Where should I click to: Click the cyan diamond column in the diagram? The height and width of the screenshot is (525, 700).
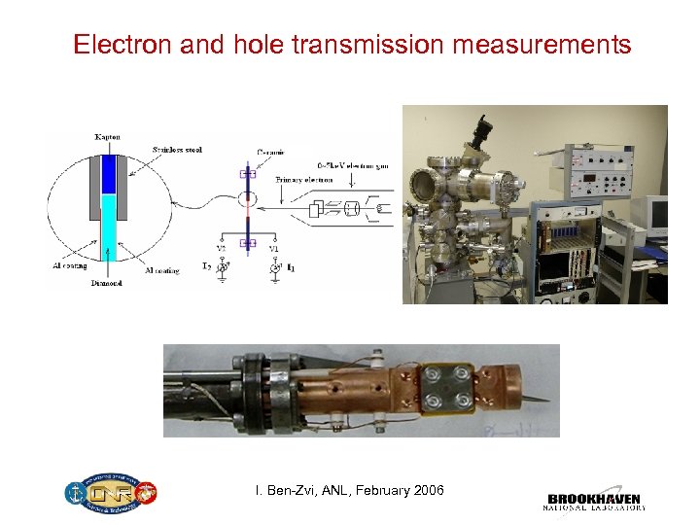(x=109, y=228)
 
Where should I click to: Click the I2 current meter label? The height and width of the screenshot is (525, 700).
(x=208, y=265)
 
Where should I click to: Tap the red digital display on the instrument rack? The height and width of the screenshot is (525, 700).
(x=590, y=180)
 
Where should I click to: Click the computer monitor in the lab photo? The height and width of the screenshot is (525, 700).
(x=657, y=218)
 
